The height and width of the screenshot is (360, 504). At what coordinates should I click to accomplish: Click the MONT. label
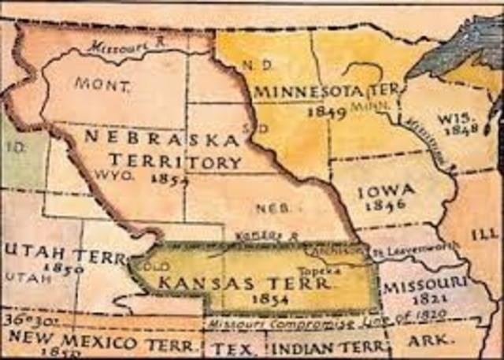click(93, 82)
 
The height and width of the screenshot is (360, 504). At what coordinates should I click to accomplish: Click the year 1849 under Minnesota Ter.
click(327, 112)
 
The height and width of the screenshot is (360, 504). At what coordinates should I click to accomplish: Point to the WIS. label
click(454, 117)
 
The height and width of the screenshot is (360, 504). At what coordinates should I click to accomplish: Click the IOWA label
click(381, 191)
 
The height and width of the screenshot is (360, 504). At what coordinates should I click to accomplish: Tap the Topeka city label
click(328, 270)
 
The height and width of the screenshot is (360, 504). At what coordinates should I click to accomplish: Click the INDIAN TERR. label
click(328, 345)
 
